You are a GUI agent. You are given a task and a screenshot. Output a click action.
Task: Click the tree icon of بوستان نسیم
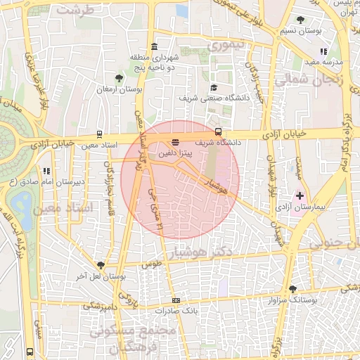[x=301, y=20]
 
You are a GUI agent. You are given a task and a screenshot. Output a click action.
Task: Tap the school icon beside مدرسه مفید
[x=323, y=51]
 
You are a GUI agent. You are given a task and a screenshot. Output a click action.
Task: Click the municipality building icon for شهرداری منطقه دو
[x=154, y=46]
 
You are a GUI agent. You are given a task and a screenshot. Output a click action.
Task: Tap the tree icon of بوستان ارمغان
[x=118, y=78]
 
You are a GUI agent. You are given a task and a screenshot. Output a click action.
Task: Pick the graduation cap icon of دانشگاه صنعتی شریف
[x=214, y=87]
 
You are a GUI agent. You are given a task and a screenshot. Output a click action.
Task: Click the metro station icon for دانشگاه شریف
[x=218, y=131]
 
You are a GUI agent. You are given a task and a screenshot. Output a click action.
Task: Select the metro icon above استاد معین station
[x=98, y=134]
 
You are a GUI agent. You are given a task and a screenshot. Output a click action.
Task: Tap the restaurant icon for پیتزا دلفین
[x=175, y=141]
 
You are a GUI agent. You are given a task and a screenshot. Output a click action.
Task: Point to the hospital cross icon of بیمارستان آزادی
[x=300, y=195]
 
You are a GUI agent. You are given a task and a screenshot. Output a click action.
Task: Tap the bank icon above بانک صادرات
[x=176, y=300]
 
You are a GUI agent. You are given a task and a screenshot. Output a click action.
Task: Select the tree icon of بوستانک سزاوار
[x=292, y=289]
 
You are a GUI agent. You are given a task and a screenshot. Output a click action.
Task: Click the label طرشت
[x=75, y=11]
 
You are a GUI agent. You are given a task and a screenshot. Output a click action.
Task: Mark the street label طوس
[x=151, y=264]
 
